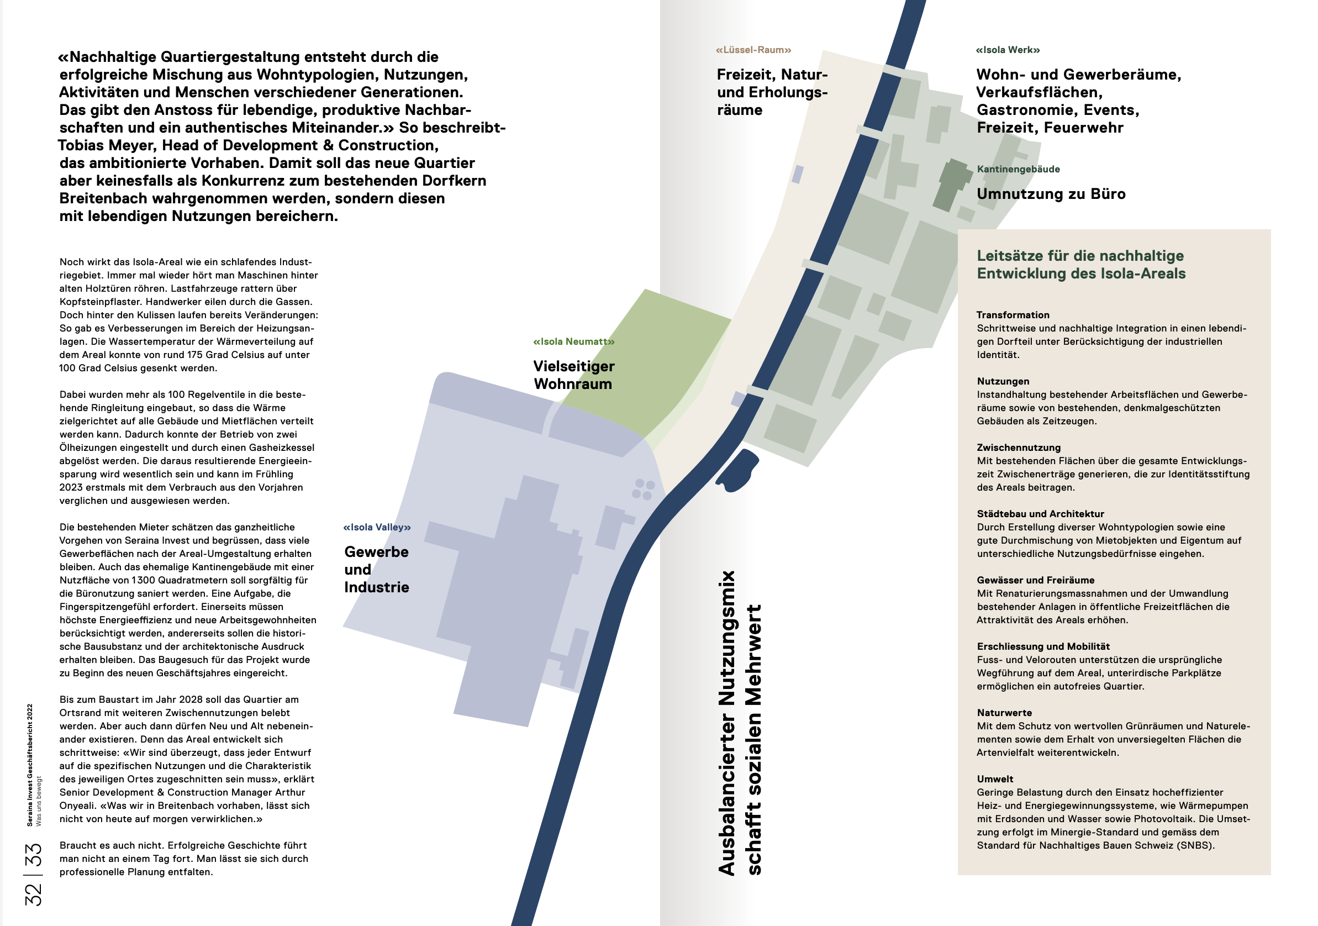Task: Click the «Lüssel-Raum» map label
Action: [x=753, y=50]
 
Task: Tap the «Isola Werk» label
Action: [x=1008, y=50]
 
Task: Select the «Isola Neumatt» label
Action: [x=573, y=341]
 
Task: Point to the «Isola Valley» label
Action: [x=377, y=527]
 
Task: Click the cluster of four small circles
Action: [x=644, y=489]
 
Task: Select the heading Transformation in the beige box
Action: [x=1013, y=314]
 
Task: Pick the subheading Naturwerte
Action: [x=1004, y=712]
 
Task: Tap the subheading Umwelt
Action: [x=995, y=779]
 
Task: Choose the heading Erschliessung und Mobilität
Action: [x=1043, y=646]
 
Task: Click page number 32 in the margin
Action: [x=33, y=895]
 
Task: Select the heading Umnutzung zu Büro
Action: [x=1051, y=194]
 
